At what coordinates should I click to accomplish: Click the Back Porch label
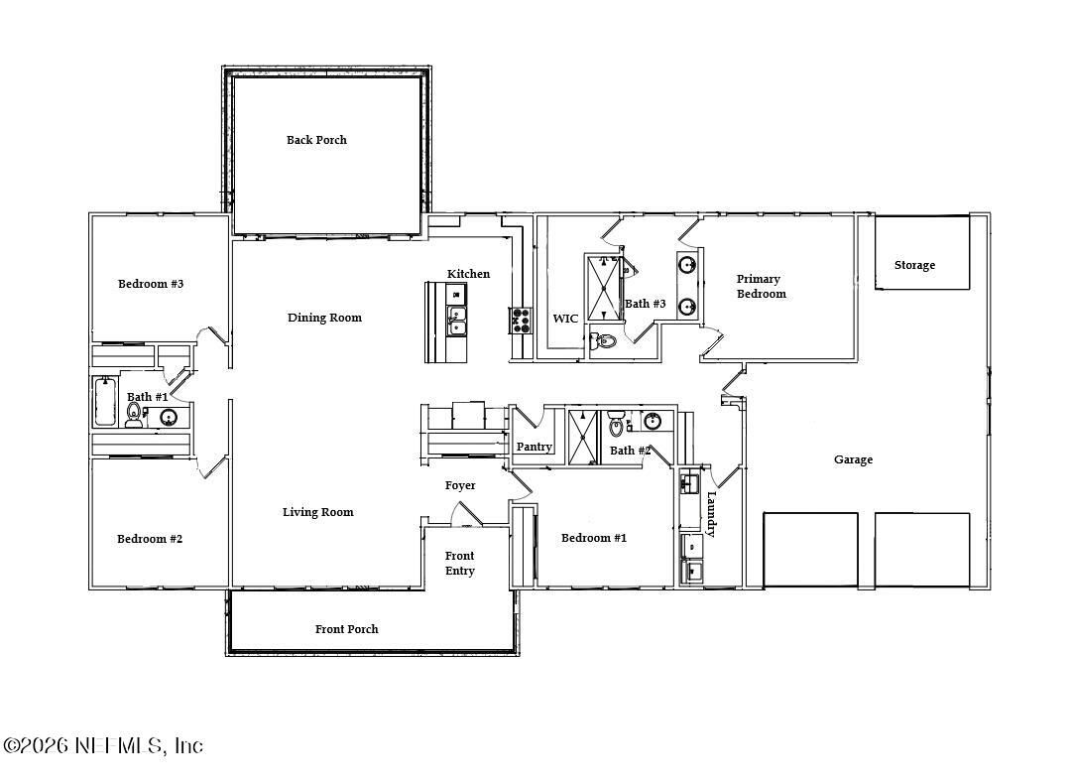tap(316, 140)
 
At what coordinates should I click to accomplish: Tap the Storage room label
tap(914, 265)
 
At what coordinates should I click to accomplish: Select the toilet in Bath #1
tap(134, 412)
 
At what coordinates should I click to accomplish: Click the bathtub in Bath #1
tap(105, 402)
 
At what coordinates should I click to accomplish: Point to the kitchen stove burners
tap(521, 319)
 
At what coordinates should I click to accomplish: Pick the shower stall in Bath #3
tap(602, 288)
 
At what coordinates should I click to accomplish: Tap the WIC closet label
tap(565, 319)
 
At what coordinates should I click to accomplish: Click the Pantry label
tap(534, 448)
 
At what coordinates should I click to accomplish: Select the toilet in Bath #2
tap(617, 427)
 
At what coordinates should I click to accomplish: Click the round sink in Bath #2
tap(653, 422)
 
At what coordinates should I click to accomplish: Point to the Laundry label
tap(711, 513)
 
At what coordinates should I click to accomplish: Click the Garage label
tap(853, 459)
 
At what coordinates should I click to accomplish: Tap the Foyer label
tap(460, 485)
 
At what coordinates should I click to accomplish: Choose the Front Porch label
tap(346, 629)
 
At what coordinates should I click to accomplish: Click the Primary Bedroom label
tap(761, 286)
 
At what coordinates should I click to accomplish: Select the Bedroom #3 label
tap(151, 284)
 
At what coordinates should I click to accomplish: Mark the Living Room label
tap(317, 512)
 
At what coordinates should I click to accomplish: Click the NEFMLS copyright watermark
tap(103, 745)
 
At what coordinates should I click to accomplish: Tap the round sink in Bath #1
tap(170, 417)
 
